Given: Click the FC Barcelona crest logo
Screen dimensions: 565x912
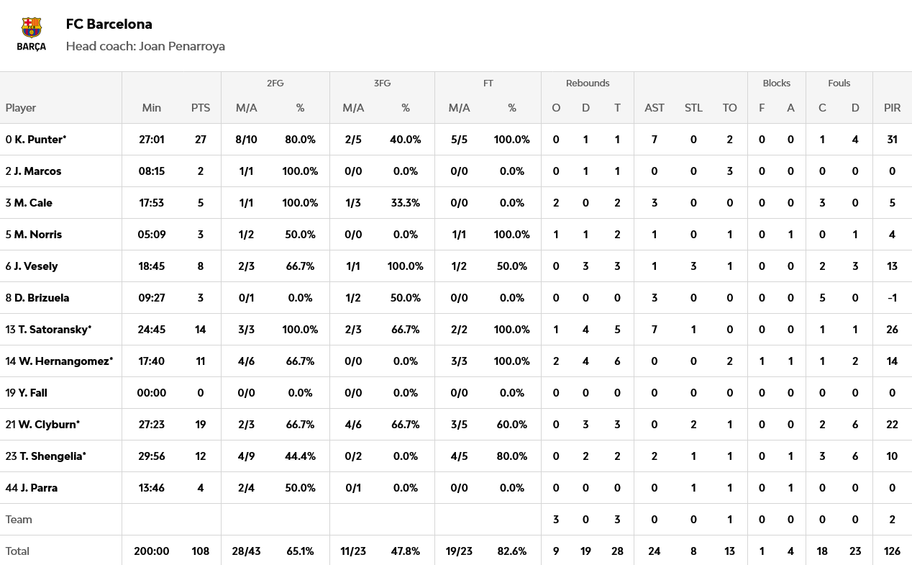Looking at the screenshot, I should click(32, 29).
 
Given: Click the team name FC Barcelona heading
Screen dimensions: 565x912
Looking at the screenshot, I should click(109, 24).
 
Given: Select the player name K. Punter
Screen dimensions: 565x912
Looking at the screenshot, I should click(40, 140).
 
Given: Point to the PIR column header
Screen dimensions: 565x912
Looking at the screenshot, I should click(892, 108).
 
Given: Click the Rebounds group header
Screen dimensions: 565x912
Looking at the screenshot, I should click(587, 83).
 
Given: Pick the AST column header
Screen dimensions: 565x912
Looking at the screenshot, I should click(654, 108).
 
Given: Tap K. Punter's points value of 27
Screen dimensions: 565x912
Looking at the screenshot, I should click(201, 140).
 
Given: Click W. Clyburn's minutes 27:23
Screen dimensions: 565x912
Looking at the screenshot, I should click(152, 425).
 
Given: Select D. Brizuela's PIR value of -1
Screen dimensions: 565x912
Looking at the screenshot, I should click(892, 298).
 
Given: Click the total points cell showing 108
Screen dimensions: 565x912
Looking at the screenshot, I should click(201, 551).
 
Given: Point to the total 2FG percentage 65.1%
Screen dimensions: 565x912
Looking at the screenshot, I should click(300, 551).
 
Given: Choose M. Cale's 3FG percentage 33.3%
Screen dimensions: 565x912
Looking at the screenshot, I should click(405, 203).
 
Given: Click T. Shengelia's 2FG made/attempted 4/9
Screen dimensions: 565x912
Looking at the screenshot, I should click(247, 456).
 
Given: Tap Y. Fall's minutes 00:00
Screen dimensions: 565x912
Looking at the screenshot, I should click(152, 393).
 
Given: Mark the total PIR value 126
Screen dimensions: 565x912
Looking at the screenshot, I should click(892, 551).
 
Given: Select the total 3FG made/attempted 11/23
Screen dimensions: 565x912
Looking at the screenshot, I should click(353, 551).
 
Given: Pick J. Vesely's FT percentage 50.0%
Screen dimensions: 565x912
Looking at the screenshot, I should click(511, 266).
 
